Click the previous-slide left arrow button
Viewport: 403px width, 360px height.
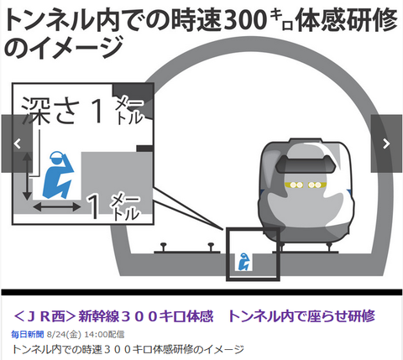[x=18, y=143]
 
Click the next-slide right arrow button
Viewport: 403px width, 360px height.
[x=386, y=143]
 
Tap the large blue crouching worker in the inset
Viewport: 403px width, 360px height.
[x=58, y=175]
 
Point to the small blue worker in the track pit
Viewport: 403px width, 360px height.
[x=243, y=262]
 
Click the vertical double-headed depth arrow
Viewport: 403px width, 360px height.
[x=27, y=176]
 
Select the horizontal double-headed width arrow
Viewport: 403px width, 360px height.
[x=57, y=207]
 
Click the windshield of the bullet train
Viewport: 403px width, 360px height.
[x=306, y=164]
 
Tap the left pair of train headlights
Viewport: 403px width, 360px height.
[x=296, y=185]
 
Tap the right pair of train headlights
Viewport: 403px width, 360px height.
[x=315, y=185]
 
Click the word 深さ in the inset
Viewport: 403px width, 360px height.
[x=50, y=111]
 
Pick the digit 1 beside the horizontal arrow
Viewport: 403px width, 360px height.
[x=94, y=207]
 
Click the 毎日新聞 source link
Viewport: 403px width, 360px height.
[x=28, y=334]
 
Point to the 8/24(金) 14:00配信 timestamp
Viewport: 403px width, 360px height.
[x=86, y=334]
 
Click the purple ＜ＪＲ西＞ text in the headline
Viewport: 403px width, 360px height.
[x=44, y=316]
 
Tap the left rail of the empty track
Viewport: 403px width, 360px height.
[x=163, y=248]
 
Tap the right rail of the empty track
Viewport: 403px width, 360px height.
[x=211, y=248]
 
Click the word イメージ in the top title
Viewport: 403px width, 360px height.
[x=76, y=48]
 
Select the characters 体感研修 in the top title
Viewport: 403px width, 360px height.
[x=346, y=20]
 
